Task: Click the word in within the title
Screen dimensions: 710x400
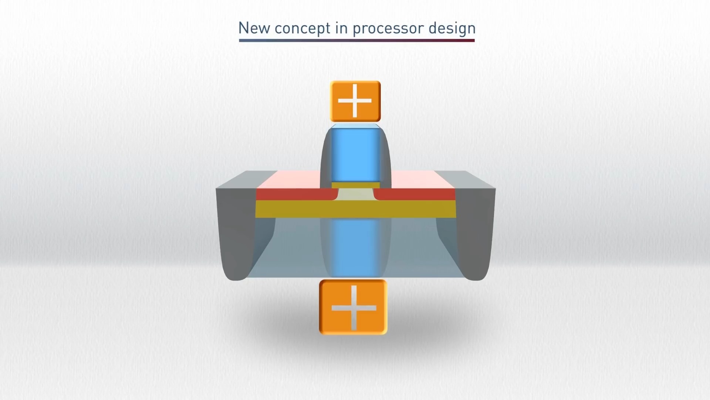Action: click(342, 28)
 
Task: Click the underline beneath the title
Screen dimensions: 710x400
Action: click(356, 40)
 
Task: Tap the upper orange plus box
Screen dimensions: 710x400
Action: click(355, 101)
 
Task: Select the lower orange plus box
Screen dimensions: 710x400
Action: click(354, 307)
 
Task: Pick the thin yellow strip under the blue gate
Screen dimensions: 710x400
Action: click(355, 186)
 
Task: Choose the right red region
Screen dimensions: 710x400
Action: click(414, 194)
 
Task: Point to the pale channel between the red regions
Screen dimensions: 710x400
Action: click(356, 195)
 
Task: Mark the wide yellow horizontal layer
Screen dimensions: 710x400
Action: click(355, 209)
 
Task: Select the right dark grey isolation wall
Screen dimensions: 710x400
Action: click(475, 233)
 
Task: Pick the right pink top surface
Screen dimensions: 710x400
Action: click(422, 180)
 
